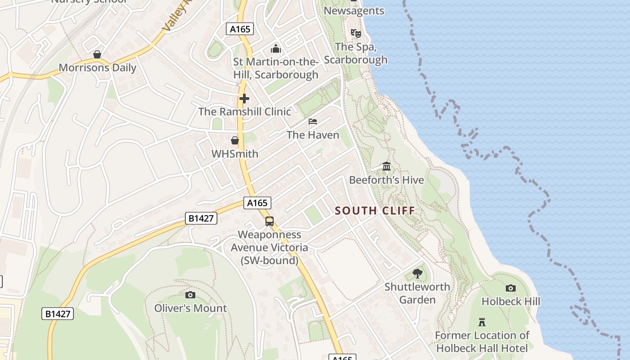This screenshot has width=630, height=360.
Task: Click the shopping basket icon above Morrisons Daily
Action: [97, 55]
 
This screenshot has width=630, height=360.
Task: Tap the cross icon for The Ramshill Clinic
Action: [244, 99]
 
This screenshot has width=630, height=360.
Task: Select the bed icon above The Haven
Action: [313, 121]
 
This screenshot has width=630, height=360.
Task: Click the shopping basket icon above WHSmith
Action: [234, 140]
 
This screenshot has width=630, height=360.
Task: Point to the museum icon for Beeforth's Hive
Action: [387, 167]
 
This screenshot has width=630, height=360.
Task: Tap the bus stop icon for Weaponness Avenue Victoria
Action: [269, 221]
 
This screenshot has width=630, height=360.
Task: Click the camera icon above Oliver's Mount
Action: [190, 295]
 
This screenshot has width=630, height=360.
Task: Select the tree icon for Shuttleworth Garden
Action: [418, 274]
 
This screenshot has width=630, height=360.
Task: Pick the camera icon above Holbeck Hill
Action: [511, 288]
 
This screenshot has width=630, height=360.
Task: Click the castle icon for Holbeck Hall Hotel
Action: [482, 322]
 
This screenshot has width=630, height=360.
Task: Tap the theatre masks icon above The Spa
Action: [355, 33]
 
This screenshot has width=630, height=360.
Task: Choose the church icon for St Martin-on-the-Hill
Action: [276, 49]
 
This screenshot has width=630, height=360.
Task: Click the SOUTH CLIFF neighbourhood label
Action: [375, 211]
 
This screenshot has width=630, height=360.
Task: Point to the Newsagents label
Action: [354, 11]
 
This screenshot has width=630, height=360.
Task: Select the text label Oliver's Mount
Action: [190, 308]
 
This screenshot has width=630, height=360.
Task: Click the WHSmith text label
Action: [235, 154]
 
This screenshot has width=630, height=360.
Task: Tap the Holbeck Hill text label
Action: [511, 301]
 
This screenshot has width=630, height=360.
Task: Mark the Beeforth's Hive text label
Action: [387, 180]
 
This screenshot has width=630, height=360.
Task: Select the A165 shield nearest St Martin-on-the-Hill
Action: [240, 29]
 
